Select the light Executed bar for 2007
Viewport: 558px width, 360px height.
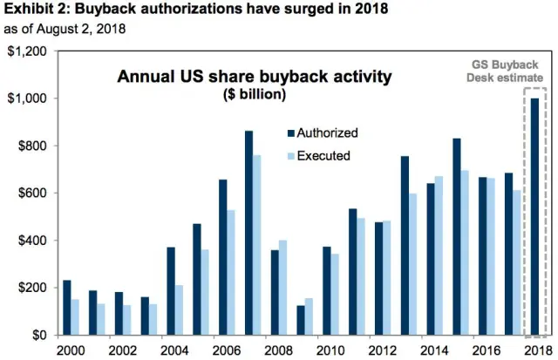255,245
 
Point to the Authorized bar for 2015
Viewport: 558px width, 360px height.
457,236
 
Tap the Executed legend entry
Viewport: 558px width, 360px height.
323,156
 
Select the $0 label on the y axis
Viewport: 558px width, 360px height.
39,335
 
